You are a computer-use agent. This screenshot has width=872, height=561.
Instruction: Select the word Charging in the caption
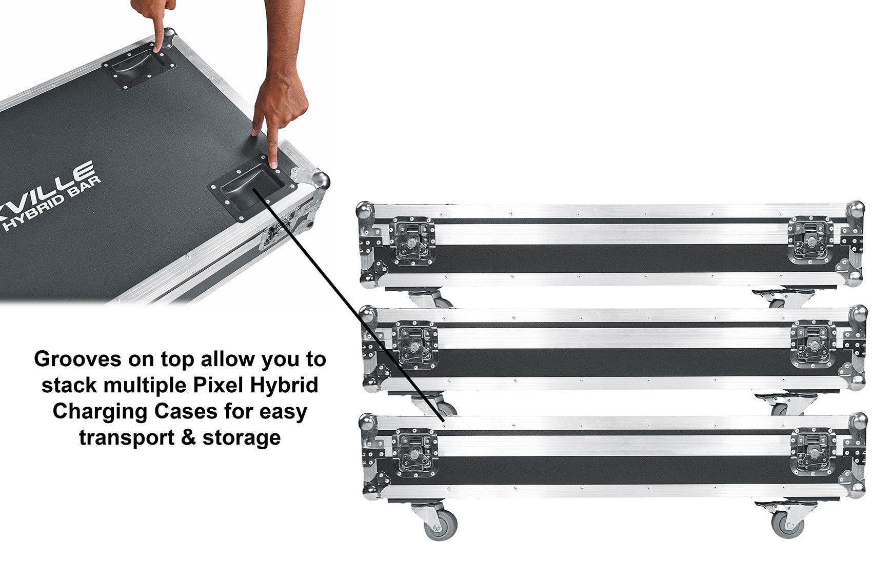coord(100,412)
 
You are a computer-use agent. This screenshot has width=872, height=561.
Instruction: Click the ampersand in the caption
coord(188,437)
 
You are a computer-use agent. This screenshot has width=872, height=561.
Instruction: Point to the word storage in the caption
coord(242,438)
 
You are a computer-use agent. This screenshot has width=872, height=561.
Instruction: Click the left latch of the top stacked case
coord(412,241)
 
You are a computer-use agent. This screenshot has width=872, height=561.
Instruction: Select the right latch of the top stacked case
coord(810,240)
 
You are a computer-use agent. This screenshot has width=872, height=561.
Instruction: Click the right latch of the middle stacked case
coord(813,344)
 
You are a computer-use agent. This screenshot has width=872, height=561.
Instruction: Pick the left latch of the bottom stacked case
coord(415,453)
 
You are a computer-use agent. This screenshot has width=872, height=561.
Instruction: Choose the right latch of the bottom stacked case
coord(813,452)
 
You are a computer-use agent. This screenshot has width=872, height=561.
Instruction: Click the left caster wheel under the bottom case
coord(440,527)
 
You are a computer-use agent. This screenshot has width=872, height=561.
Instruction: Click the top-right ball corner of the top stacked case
coord(855,210)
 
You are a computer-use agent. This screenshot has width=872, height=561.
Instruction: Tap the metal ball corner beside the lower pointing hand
coord(321,182)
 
